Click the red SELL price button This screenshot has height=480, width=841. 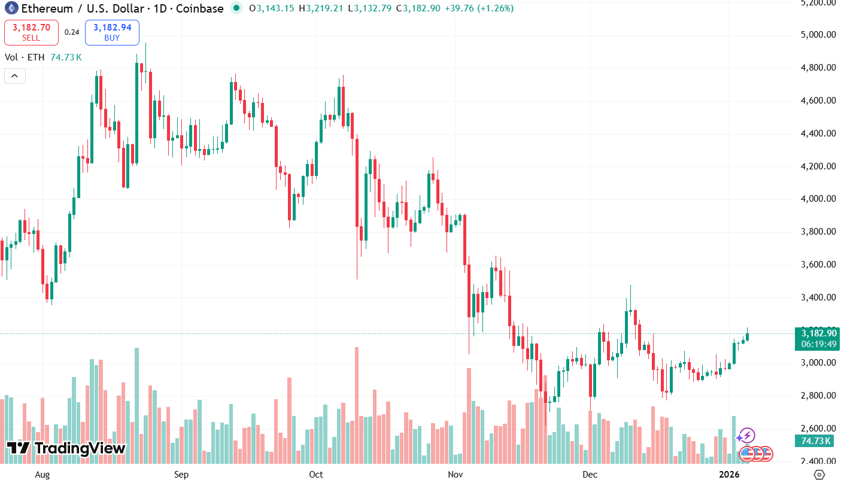(x=31, y=32)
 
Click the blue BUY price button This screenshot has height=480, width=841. (x=112, y=32)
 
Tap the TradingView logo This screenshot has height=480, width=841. (x=66, y=448)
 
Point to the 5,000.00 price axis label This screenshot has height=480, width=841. (x=818, y=35)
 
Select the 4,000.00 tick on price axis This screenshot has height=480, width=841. (x=818, y=199)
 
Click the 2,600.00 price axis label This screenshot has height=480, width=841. (x=818, y=429)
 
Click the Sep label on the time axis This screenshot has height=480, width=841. (x=181, y=475)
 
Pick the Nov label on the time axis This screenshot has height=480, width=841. (x=456, y=475)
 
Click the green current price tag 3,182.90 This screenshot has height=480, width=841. (x=814, y=333)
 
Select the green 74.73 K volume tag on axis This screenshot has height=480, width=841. (x=814, y=441)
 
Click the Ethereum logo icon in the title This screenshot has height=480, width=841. (x=11, y=8)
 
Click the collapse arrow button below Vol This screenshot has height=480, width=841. (x=15, y=76)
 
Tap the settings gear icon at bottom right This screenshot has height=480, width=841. (x=819, y=475)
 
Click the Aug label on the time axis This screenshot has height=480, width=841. (x=42, y=475)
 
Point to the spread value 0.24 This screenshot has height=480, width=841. (x=72, y=32)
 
